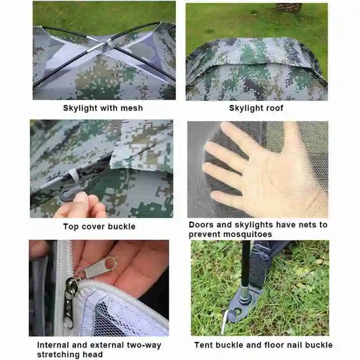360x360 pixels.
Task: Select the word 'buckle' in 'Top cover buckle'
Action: click(121, 227)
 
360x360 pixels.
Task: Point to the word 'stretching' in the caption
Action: click(58, 355)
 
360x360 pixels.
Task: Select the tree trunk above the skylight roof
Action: click(289, 8)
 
